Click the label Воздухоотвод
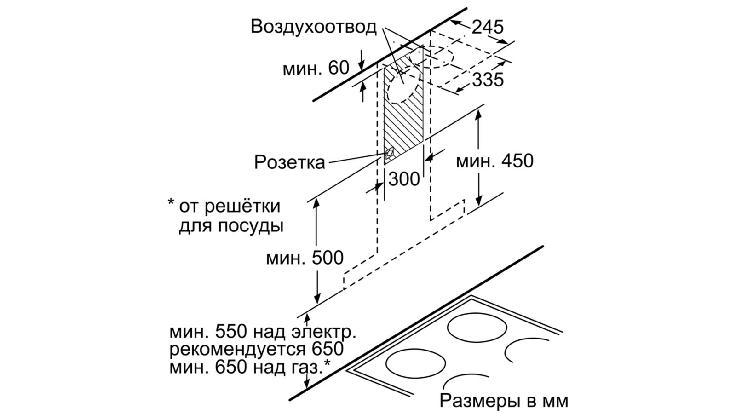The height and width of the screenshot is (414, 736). pyautogui.click(x=313, y=27)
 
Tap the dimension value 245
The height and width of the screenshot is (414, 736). pyautogui.click(x=488, y=27)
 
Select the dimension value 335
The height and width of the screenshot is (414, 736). pyautogui.click(x=488, y=80)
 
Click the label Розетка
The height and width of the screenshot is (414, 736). pyautogui.click(x=289, y=162)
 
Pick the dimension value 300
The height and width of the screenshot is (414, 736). pyautogui.click(x=404, y=179)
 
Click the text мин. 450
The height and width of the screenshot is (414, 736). pyautogui.click(x=494, y=161)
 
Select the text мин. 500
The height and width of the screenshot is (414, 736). pyautogui.click(x=305, y=258)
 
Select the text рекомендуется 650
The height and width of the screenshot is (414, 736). pyautogui.click(x=256, y=349)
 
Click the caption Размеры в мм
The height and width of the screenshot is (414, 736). pyautogui.click(x=504, y=400)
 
